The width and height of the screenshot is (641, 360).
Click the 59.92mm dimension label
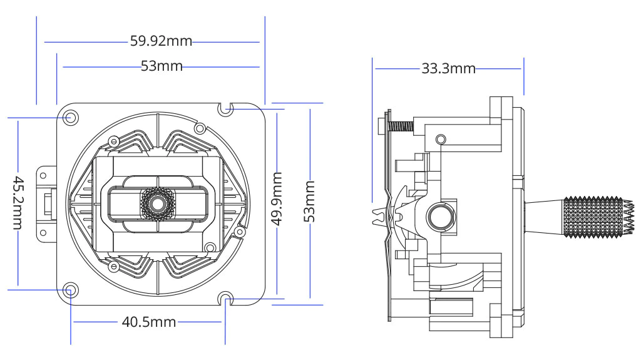(161, 42)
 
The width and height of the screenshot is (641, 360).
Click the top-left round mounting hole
(71, 117)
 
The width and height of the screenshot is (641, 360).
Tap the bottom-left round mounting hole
(71, 289)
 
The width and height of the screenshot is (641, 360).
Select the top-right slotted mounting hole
(226, 110)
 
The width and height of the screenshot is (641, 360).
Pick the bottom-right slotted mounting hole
(226, 299)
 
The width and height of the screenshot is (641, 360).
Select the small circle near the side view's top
(441, 138)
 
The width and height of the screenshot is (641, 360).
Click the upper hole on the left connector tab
(42, 176)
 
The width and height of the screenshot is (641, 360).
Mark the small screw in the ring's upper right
(200, 128)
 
